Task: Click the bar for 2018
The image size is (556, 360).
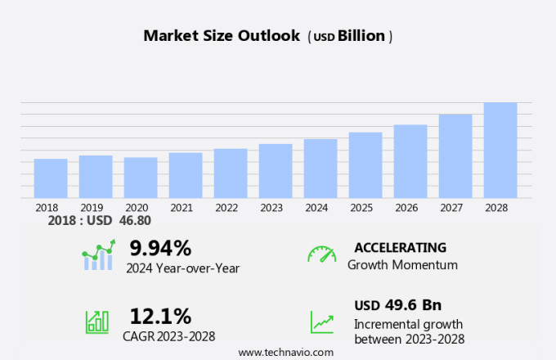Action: click(51, 178)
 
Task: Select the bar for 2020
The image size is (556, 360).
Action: click(141, 178)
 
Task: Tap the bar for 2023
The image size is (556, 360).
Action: click(276, 171)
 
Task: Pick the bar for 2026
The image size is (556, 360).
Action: click(410, 161)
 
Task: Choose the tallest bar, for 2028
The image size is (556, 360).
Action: click(500, 151)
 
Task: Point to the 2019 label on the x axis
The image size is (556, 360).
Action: click(92, 208)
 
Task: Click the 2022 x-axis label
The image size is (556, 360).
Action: click(226, 208)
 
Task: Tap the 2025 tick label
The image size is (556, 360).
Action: click(361, 208)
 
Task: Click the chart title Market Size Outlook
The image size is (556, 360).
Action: click(222, 36)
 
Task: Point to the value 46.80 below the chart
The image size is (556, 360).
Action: click(135, 221)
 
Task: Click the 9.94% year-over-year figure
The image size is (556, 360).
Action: click(160, 248)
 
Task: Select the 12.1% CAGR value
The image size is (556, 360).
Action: click(160, 316)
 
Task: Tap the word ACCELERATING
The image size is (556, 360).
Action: click(400, 248)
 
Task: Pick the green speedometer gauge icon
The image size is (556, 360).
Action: click(321, 254)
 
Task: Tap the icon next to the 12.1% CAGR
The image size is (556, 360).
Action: click(97, 321)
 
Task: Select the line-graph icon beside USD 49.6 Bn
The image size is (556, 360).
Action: click(321, 321)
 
